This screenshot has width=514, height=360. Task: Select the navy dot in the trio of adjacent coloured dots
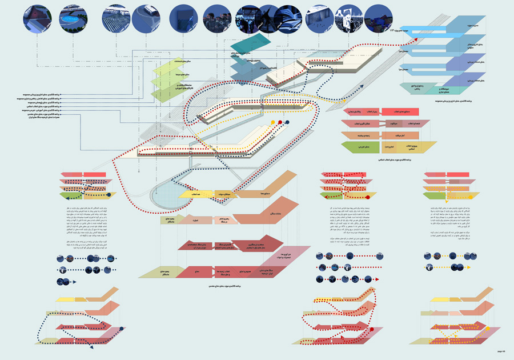point(287,122)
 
